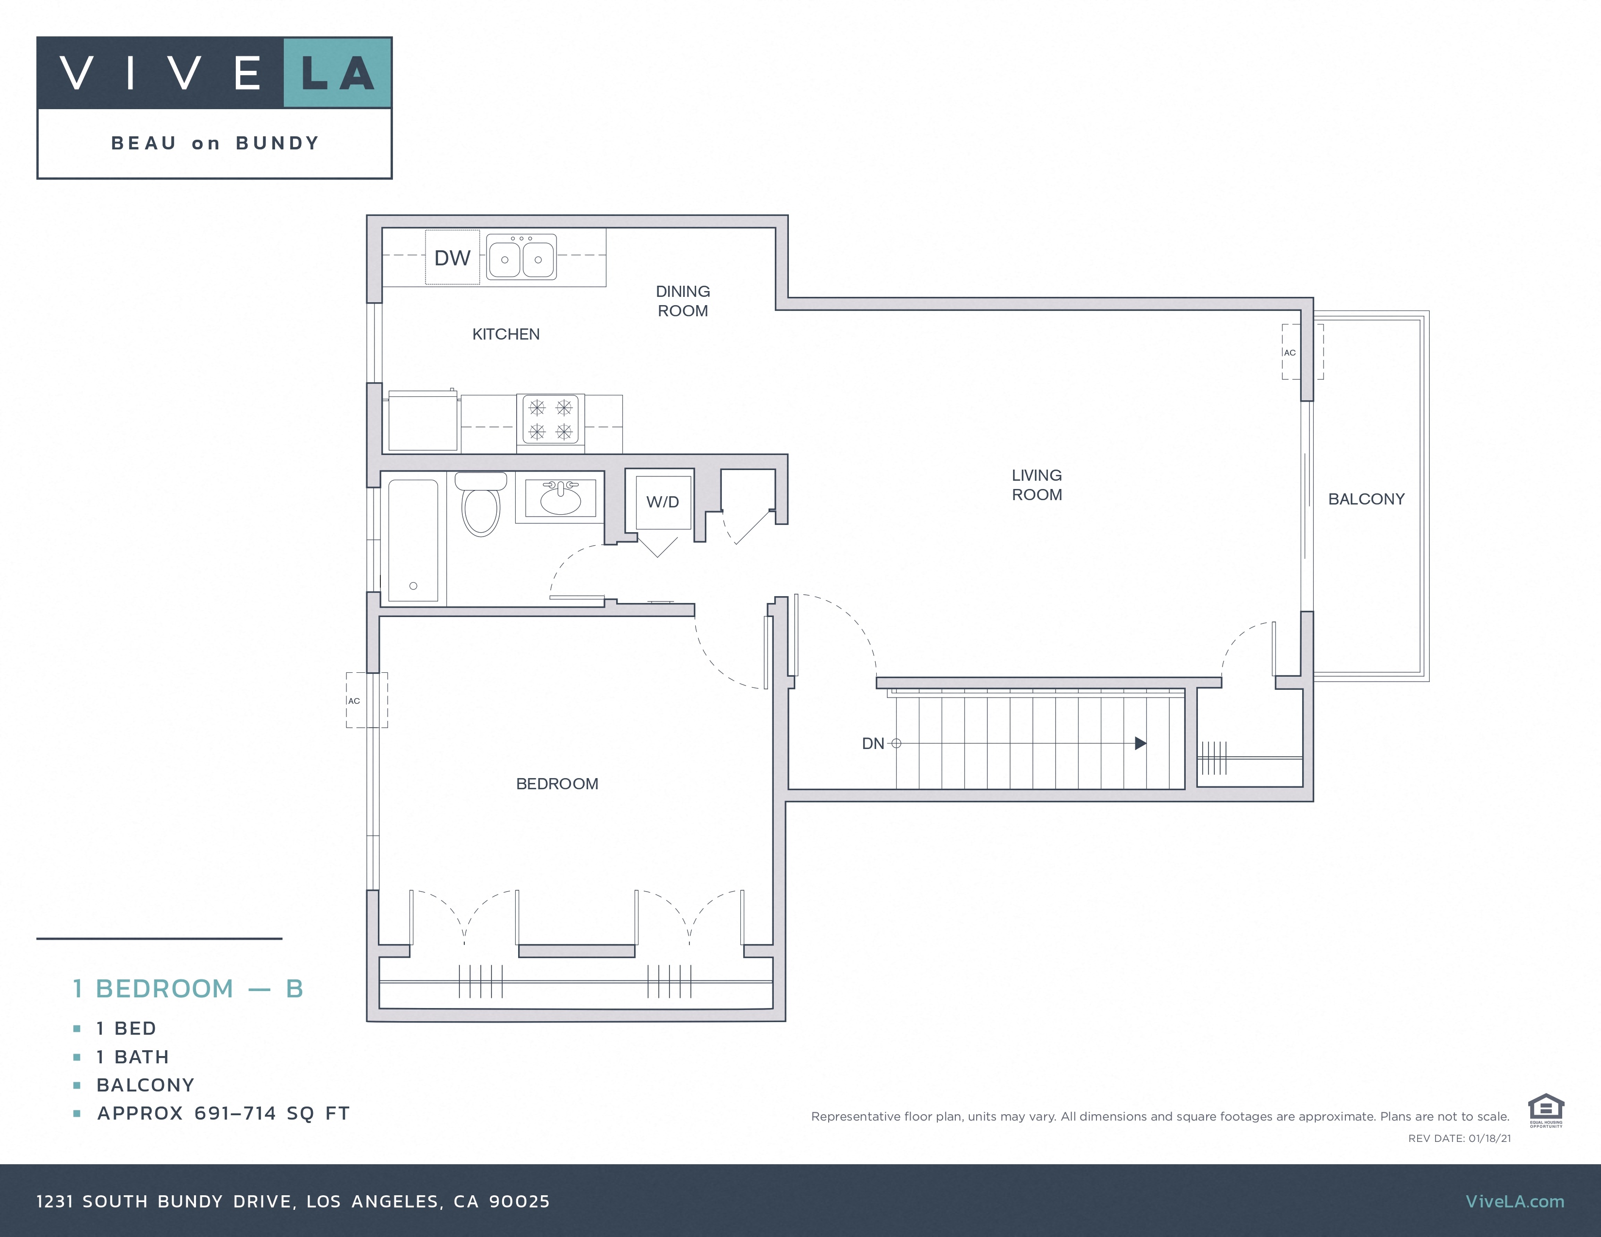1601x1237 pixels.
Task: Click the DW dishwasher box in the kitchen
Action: (452, 257)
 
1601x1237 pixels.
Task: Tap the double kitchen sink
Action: (521, 257)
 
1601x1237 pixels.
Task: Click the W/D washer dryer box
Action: (663, 502)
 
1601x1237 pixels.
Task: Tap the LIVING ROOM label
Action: (1037, 485)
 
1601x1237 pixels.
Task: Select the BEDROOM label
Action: (557, 783)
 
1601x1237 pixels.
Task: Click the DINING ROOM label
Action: (683, 301)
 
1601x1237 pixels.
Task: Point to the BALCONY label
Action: (1366, 499)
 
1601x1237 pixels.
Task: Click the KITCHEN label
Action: (506, 334)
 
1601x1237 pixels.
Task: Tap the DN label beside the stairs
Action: (872, 744)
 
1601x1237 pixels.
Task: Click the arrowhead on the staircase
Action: (1140, 743)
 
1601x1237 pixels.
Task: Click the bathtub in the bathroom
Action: (413, 541)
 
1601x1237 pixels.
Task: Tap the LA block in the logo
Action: (337, 73)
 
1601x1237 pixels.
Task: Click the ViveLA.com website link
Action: (1515, 1201)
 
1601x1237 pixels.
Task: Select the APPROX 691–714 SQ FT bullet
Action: (223, 1113)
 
